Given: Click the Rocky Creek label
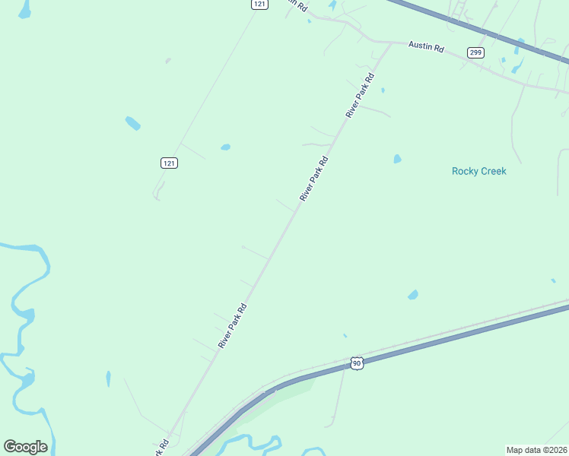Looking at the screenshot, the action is [478, 171].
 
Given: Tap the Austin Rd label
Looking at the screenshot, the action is [426, 46].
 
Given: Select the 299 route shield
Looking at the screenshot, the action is [475, 52].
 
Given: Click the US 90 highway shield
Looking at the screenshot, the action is [357, 364].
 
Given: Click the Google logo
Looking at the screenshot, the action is [25, 447].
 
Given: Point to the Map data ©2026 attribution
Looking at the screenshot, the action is [536, 450].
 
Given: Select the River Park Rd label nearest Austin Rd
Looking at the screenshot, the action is [361, 95].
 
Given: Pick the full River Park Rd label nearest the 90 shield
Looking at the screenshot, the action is [234, 326].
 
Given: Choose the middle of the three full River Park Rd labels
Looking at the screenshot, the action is [313, 179].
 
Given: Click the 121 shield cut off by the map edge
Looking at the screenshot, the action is [260, 4].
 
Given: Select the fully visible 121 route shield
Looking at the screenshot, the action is [170, 163].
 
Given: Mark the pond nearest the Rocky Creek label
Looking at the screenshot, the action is [397, 160].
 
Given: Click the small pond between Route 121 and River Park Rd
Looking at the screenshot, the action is [225, 147].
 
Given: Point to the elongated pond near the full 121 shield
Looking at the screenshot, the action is [133, 123].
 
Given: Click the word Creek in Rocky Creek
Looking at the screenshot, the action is [493, 171].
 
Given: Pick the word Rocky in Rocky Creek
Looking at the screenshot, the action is [465, 171].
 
